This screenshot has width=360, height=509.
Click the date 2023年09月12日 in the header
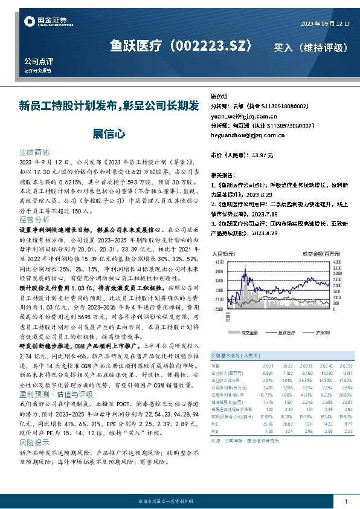[324, 23]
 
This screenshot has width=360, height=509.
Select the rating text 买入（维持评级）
[310, 47]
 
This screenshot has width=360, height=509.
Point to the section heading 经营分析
[34, 219]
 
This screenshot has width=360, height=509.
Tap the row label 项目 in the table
[216, 366]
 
